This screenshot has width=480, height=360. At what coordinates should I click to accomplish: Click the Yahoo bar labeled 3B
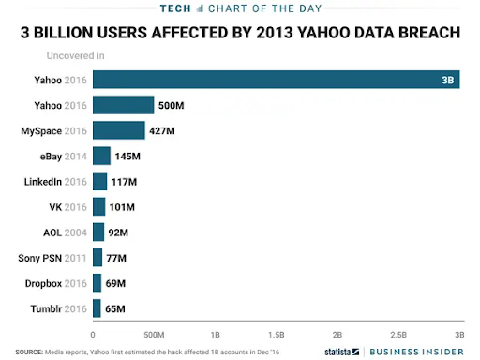click(276, 80)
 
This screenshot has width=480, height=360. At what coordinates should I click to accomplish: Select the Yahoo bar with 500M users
click(123, 105)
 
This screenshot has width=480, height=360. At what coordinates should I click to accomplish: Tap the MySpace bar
click(118, 130)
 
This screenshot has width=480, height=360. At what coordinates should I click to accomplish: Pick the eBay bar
click(101, 156)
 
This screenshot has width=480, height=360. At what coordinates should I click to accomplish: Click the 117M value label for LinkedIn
click(124, 181)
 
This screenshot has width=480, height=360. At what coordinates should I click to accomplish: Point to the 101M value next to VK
click(122, 206)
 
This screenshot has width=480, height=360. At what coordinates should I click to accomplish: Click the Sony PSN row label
click(52, 258)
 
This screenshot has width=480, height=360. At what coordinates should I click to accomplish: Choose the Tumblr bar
click(97, 308)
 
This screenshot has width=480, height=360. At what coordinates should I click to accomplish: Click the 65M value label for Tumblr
click(114, 308)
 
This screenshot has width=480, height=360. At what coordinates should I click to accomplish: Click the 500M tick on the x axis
click(153, 333)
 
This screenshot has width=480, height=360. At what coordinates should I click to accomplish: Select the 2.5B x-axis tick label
click(397, 333)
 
